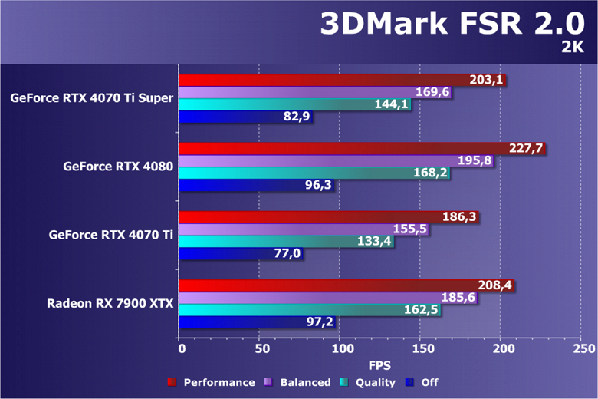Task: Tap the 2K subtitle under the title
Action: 573,48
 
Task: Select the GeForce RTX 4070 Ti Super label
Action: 92,98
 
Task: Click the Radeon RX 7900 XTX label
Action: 110,303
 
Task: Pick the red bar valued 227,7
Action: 360,148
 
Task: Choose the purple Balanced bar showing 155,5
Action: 303,229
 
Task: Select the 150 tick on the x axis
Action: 422,348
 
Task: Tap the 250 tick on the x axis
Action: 583,348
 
